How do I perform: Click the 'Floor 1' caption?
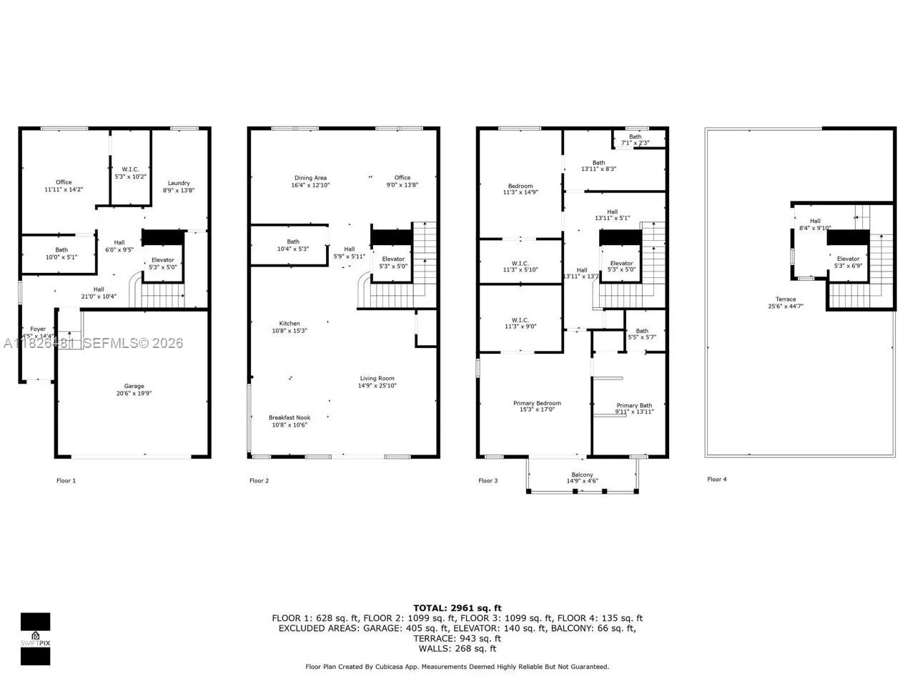pos(66,480)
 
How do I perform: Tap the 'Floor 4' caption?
pos(716,479)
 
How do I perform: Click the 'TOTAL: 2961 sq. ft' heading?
pos(457,608)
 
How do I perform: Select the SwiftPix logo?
pos(35,638)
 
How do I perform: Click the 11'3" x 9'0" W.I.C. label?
pos(520,323)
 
